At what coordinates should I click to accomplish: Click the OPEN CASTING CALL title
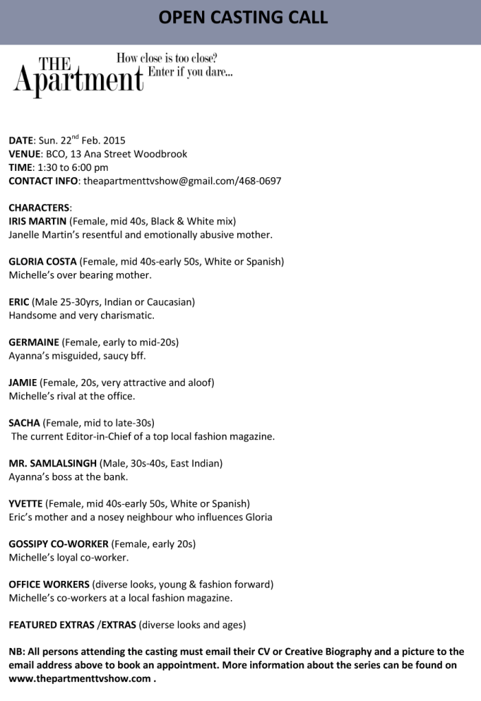[x=243, y=17]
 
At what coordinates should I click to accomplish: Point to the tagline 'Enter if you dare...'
[x=190, y=72]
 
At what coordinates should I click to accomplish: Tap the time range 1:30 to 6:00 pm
[x=72, y=168]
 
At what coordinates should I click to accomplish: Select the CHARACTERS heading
[x=39, y=207]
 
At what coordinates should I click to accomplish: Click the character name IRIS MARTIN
[x=38, y=221]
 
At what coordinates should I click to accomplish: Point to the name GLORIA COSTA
[x=43, y=262]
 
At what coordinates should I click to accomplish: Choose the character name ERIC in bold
[x=19, y=301]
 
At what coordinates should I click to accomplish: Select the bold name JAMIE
[x=23, y=382]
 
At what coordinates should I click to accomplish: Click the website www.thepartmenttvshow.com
[x=79, y=678]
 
